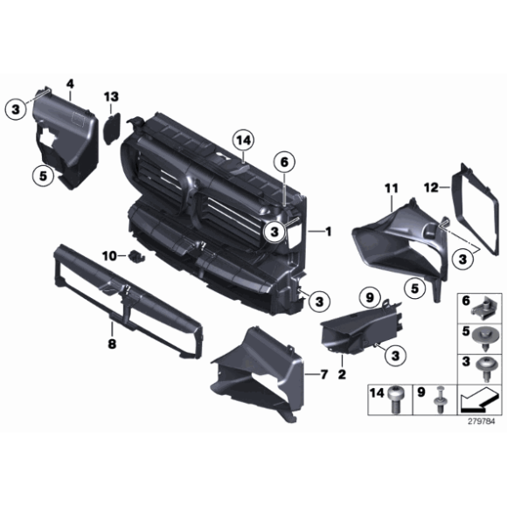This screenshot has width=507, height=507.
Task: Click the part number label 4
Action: [x=70, y=85]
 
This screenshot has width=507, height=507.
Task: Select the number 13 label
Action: [x=111, y=97]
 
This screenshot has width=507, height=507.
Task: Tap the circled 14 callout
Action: [x=244, y=141]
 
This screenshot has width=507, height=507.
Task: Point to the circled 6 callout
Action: [x=284, y=163]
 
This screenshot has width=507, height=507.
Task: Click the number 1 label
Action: [x=328, y=232]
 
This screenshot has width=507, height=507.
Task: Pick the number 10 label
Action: [x=109, y=256]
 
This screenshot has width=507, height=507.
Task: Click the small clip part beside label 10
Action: [x=136, y=256]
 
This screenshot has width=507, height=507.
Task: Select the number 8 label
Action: [x=112, y=344]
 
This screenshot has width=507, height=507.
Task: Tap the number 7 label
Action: [x=324, y=374]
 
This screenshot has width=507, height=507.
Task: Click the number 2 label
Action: [x=342, y=374]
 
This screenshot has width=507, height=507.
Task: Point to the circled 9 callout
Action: [x=370, y=297]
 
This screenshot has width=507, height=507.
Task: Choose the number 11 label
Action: [x=392, y=189]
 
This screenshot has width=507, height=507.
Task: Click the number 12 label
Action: [x=431, y=188]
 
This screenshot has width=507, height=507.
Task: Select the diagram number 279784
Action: [x=482, y=421]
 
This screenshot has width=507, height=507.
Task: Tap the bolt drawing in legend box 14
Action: [x=396, y=399]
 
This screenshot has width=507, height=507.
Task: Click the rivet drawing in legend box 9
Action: [x=440, y=399]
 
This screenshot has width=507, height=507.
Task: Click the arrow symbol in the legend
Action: [x=478, y=399]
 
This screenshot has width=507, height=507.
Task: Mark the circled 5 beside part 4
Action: [x=43, y=176]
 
